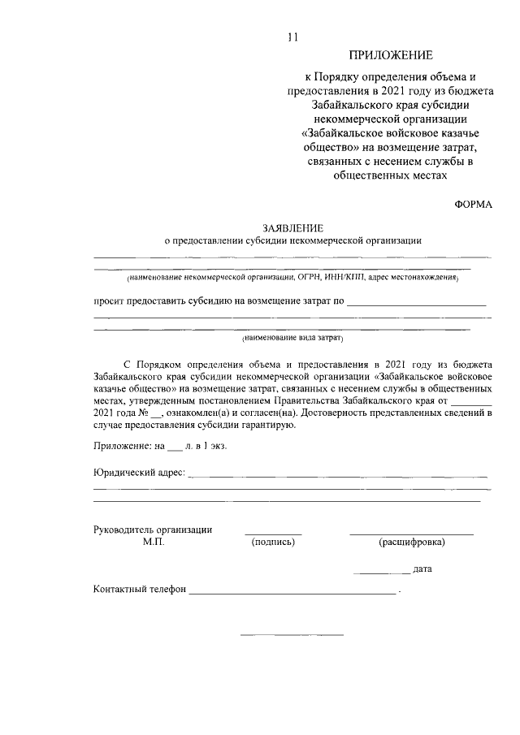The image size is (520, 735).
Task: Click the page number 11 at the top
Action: tap(294, 36)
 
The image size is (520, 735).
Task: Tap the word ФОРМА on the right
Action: tap(473, 205)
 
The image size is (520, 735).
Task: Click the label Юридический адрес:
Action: tap(139, 473)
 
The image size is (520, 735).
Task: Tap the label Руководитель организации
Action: tap(153, 530)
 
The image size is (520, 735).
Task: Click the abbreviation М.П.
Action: tap(153, 542)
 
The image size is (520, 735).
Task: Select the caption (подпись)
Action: tap(273, 542)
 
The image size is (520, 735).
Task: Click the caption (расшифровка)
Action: tap(411, 542)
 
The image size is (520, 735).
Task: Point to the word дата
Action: tap(422, 569)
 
